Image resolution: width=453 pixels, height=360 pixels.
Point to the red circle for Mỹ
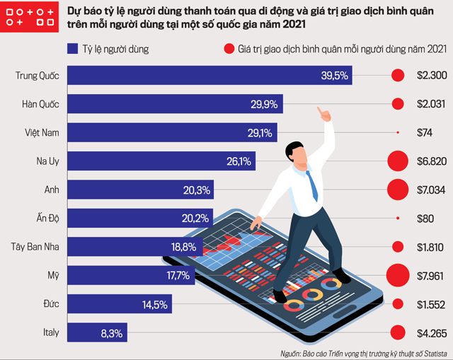click(x=397, y=275)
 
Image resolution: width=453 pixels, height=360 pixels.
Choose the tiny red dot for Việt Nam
click(x=398, y=132)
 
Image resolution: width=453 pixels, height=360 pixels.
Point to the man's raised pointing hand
click(x=325, y=112)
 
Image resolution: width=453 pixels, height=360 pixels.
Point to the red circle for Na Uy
click(x=397, y=161)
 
